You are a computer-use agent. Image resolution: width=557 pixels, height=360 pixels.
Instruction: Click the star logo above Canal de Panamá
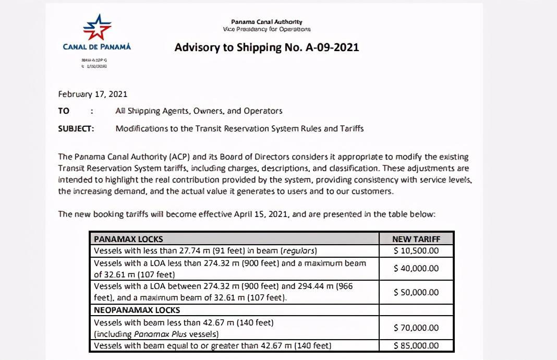tap(97, 27)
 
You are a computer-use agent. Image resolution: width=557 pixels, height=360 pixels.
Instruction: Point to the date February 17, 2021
tap(93, 94)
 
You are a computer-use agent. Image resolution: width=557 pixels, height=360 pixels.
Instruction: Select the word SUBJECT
tap(76, 128)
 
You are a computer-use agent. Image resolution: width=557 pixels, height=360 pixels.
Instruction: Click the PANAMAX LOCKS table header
tap(128, 239)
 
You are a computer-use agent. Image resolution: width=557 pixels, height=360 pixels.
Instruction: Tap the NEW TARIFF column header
tap(416, 239)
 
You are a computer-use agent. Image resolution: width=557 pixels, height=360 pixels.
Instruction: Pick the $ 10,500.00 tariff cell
tap(416, 250)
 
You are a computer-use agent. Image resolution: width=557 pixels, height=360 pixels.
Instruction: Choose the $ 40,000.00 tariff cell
tap(416, 268)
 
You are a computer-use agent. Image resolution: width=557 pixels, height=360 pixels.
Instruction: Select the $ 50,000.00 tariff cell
tap(416, 292)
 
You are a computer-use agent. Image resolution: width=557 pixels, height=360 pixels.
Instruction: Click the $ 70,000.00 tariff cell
tap(416, 328)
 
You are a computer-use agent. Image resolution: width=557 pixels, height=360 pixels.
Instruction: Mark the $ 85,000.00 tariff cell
tap(416, 345)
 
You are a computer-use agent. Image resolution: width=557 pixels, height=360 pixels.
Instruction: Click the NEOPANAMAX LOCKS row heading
tap(137, 310)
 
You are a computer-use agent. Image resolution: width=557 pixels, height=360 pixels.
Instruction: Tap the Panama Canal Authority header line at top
tap(267, 22)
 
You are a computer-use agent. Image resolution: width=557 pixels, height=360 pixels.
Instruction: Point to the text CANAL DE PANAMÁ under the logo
tap(97, 47)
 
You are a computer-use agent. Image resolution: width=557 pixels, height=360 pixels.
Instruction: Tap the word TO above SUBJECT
tap(64, 111)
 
